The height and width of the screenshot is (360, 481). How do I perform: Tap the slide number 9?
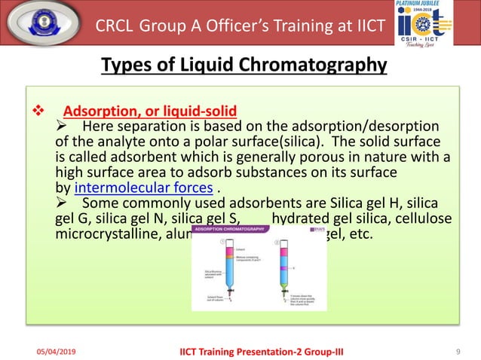[x=459, y=350]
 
